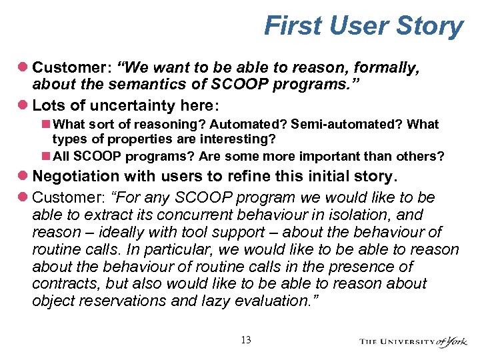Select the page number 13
point(245,340)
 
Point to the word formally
point(381,67)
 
